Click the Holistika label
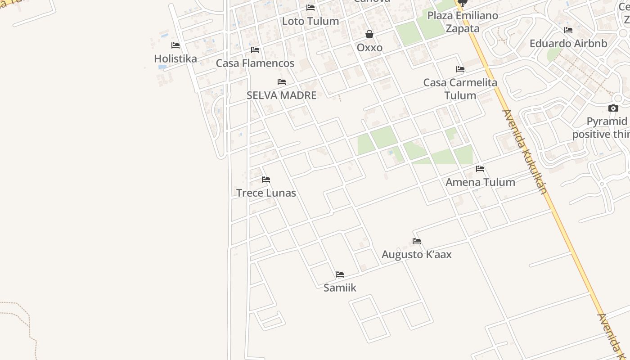(x=175, y=58)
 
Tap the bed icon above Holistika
(x=175, y=45)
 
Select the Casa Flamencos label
(x=255, y=63)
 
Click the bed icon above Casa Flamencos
(x=255, y=50)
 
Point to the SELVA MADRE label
(x=282, y=95)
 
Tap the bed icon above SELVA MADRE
(x=282, y=82)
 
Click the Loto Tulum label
(x=310, y=21)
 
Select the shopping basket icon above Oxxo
(x=369, y=34)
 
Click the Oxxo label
(x=369, y=47)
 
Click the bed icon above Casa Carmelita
(x=460, y=69)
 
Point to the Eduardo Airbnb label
(x=568, y=43)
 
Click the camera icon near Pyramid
(x=613, y=108)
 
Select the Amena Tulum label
(x=480, y=182)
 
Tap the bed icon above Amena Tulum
(x=480, y=169)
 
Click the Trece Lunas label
(x=266, y=193)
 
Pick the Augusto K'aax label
(x=417, y=254)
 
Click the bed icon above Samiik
(x=340, y=274)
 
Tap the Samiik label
(x=340, y=288)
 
